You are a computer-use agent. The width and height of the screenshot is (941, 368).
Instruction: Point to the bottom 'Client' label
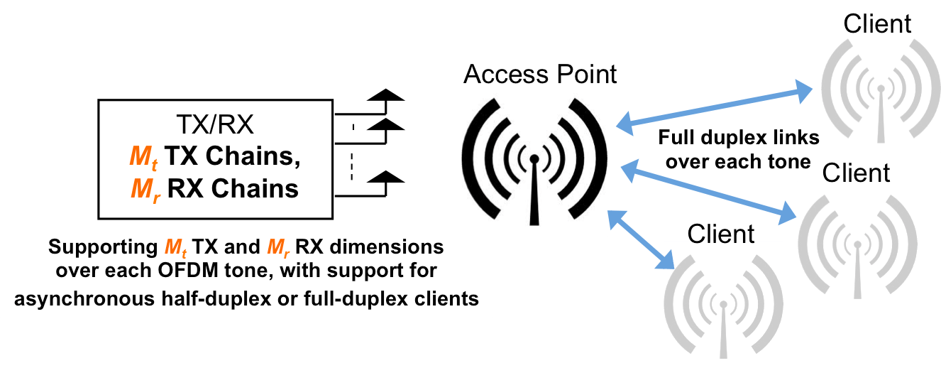(x=721, y=233)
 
